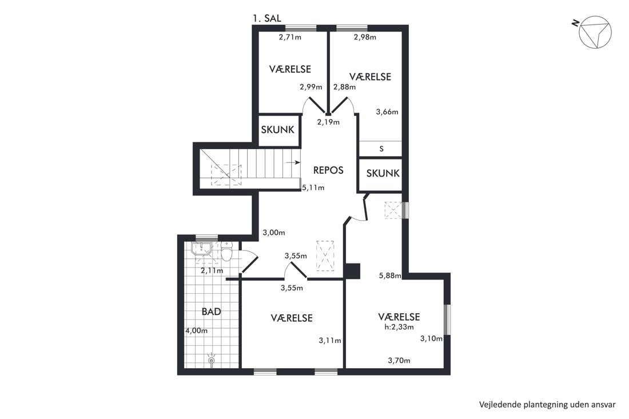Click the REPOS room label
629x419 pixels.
(328, 170)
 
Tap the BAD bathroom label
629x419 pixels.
(211, 312)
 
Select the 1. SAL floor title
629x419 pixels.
(267, 18)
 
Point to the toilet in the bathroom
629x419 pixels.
(226, 252)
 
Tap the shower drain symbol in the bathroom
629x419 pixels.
(212, 360)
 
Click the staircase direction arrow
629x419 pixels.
(293, 162)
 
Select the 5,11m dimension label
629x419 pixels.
(313, 187)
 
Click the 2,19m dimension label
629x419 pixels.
(328, 122)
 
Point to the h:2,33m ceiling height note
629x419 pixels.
(399, 327)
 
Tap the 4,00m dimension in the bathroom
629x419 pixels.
(197, 331)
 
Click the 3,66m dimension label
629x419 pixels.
(387, 112)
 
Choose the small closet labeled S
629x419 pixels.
(380, 149)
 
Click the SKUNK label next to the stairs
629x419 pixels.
(277, 130)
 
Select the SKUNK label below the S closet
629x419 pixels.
(383, 173)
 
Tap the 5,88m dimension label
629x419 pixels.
(391, 276)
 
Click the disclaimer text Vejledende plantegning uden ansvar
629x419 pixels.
(547, 405)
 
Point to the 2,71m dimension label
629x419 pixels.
(290, 37)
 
